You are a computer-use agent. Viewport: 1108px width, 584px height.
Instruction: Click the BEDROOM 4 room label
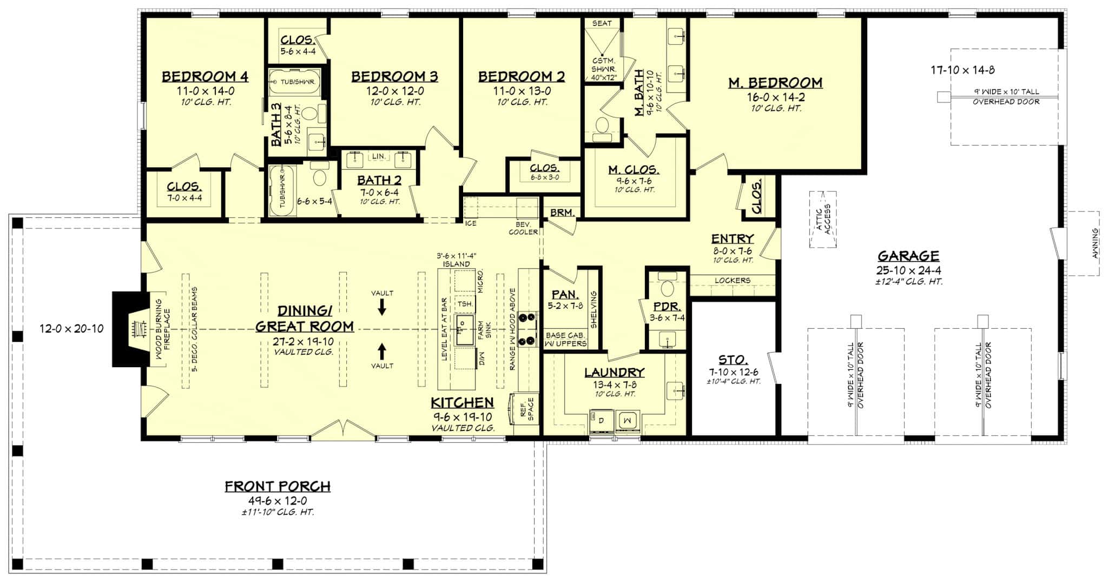point(205,77)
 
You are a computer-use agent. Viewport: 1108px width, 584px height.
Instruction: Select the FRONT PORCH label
point(278,487)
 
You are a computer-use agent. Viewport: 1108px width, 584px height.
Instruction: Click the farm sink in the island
point(464,330)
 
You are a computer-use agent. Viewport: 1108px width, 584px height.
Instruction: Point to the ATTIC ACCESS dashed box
point(823,220)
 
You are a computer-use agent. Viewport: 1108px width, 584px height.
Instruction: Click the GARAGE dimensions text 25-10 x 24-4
point(908,270)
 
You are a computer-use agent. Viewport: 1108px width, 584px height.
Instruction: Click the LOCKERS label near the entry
point(732,280)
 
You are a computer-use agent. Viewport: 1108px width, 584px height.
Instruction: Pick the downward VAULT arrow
point(382,308)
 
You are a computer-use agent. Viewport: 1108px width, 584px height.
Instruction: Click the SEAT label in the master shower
point(602,23)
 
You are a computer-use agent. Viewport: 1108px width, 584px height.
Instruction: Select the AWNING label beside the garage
point(1095,243)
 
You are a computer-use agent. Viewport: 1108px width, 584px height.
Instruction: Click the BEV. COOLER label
point(523,228)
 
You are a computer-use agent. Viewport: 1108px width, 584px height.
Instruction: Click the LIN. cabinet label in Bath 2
point(378,156)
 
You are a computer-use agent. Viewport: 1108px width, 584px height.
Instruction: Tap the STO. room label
point(733,360)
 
